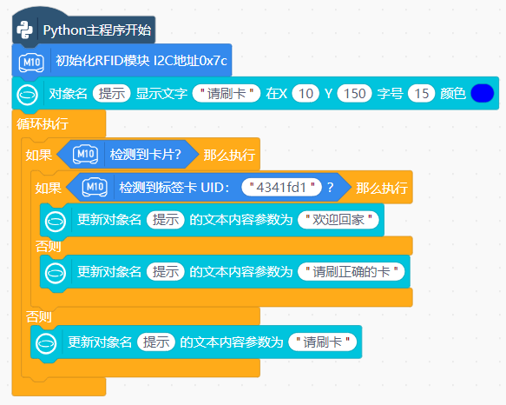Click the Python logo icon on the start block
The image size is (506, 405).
tap(24, 30)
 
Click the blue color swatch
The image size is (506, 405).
tap(482, 93)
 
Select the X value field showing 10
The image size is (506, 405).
tap(306, 93)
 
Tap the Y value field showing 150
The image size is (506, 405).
tap(354, 93)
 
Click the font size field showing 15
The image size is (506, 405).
tap(421, 93)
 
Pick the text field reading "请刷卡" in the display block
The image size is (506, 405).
tap(227, 93)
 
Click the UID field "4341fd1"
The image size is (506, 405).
tap(281, 187)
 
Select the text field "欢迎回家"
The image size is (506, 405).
tap(338, 220)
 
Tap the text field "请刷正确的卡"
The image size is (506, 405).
tap(352, 271)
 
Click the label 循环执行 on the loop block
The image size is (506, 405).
tap(43, 123)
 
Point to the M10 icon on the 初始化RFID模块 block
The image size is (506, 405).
tap(31, 62)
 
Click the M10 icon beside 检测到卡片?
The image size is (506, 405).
tap(85, 155)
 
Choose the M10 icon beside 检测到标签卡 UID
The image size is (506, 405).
tap(95, 187)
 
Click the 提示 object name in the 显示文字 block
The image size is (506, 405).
tap(111, 93)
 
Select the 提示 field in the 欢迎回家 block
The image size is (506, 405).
tap(165, 220)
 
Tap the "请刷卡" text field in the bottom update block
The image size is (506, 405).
tap(322, 342)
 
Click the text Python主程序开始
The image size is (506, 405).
tap(97, 30)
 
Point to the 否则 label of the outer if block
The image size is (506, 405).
tap(39, 316)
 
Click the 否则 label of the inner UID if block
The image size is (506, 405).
tap(48, 246)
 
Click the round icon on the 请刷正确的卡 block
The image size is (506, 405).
tap(56, 273)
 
